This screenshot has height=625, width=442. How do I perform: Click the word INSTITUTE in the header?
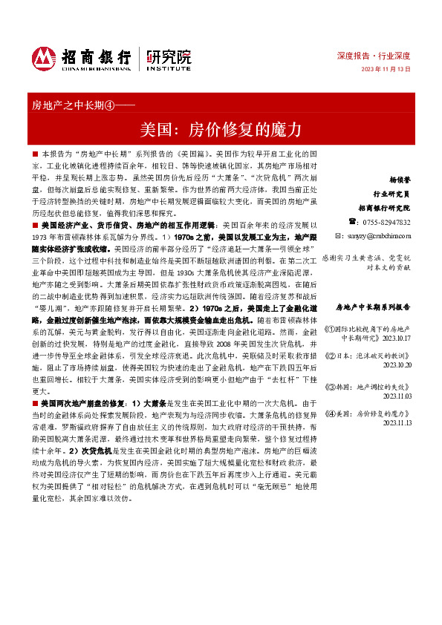pos(169,68)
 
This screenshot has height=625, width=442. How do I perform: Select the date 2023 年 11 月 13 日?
pos(386,69)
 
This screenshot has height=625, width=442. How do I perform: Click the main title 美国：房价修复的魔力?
pos(221,129)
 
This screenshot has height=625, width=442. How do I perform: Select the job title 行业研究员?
pos(394,194)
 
